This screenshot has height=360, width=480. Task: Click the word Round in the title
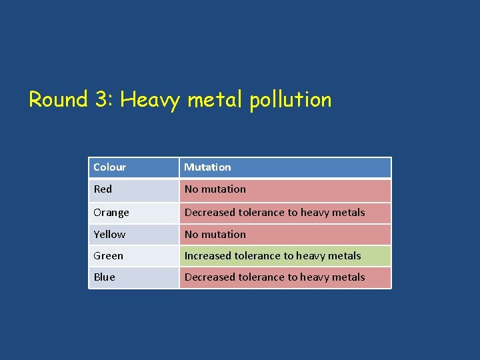click(58, 100)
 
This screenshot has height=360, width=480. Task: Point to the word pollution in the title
click(291, 101)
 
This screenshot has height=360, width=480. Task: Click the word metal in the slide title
click(215, 100)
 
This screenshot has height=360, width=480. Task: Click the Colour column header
click(110, 167)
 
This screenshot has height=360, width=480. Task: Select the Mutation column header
click(207, 167)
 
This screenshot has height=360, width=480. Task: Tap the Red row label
click(103, 189)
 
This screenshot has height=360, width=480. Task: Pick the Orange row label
click(111, 213)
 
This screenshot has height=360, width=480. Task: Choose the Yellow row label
click(109, 235)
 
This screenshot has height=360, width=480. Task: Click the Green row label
click(108, 256)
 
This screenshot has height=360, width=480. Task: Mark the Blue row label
click(104, 277)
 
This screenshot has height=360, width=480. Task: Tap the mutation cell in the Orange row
click(285, 213)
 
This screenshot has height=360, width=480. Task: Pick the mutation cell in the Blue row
click(285, 277)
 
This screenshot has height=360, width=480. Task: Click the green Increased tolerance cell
click(285, 256)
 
